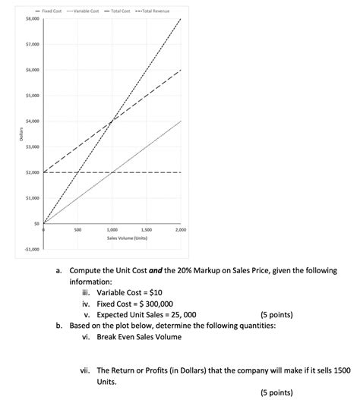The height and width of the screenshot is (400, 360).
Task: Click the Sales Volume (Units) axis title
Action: click(x=112, y=238)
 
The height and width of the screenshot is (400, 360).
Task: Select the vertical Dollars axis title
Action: click(x=11, y=134)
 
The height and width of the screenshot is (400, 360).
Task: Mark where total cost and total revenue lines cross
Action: click(x=112, y=121)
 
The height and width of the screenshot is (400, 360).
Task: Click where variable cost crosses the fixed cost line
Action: click(x=112, y=172)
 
